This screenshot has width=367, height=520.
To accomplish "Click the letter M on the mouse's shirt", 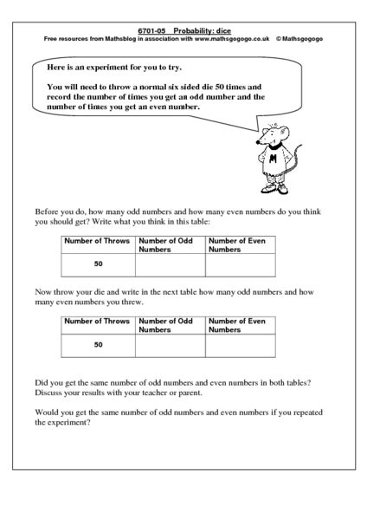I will pyautogui.click(x=275, y=159).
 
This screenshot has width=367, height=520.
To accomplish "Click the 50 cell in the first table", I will pyautogui.click(x=99, y=264).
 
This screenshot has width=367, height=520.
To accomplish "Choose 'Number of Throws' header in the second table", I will pyautogui.click(x=99, y=321).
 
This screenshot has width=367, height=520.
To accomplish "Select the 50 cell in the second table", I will pyautogui.click(x=99, y=345).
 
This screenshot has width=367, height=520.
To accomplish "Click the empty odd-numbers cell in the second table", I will pyautogui.click(x=170, y=346).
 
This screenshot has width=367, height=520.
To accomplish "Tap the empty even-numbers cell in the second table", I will pyautogui.click(x=240, y=346).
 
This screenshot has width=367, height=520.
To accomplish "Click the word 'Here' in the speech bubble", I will pyautogui.click(x=57, y=68).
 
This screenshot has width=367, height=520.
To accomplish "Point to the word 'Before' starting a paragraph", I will pyautogui.click(x=48, y=211).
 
